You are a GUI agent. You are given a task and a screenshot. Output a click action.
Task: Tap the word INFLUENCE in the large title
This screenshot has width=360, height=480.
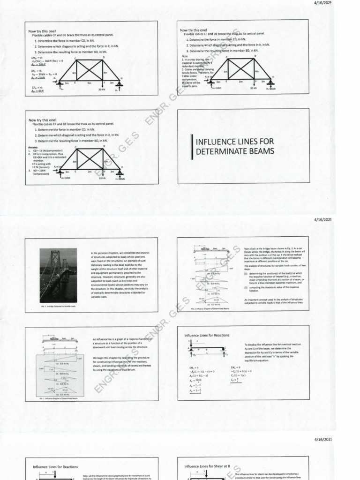pyautogui.click(x=218, y=142)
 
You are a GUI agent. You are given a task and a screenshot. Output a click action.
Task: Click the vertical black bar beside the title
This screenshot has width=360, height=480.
pyautogui.click(x=192, y=146)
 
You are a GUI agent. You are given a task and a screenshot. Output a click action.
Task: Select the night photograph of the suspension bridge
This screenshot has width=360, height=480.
pyautogui.click(x=58, y=275)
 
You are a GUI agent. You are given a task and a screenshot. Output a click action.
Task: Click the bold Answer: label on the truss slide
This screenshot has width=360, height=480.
pyautogui.click(x=33, y=147)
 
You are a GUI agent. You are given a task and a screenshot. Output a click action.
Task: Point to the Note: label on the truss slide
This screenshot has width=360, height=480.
pyautogui.click(x=184, y=56)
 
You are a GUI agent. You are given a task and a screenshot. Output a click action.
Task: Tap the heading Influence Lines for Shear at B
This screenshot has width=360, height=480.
pyautogui.click(x=207, y=466)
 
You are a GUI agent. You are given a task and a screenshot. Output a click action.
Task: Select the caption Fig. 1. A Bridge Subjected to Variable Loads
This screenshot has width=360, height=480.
pyautogui.click(x=58, y=307)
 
